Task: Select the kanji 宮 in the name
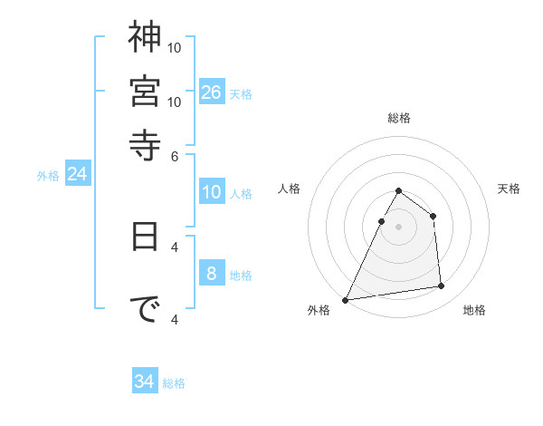point(145,90)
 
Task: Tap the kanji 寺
point(145,142)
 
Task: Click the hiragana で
point(145,310)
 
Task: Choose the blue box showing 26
point(212,92)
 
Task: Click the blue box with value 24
point(77,174)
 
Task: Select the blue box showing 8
point(212,274)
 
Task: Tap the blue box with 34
point(145,382)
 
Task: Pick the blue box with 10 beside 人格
point(212,192)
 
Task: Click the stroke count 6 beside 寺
point(175,155)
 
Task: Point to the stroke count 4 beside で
point(175,319)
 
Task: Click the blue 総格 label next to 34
point(174,383)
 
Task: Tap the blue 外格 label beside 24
point(48,177)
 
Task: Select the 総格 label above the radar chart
point(399,118)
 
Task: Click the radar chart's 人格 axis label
point(290,189)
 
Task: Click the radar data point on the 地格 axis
point(442,286)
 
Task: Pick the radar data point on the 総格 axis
point(398,191)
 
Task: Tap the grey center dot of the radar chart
point(398,227)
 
